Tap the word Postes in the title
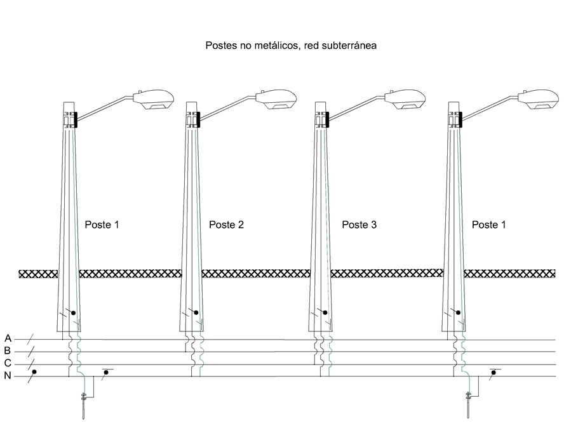click(x=219, y=46)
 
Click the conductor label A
click(x=8, y=338)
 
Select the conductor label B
click(x=8, y=350)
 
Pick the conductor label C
click(x=8, y=363)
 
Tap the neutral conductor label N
click(x=8, y=376)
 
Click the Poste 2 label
click(x=226, y=225)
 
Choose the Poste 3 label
click(x=359, y=225)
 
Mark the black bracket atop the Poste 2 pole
click(x=197, y=119)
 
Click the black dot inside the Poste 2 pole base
click(x=196, y=312)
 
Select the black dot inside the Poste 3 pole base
click(x=325, y=312)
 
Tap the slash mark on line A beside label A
click(x=30, y=338)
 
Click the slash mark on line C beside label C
click(x=30, y=363)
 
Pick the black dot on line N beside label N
click(x=34, y=372)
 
